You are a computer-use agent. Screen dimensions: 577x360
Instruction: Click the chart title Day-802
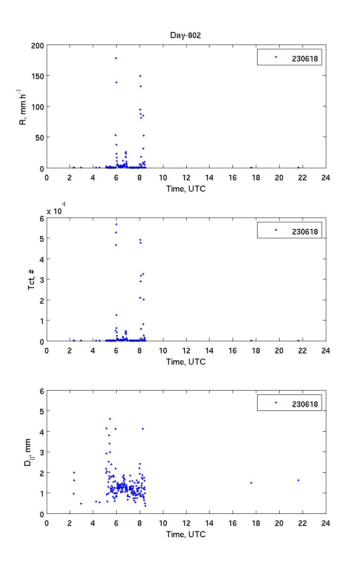click(x=185, y=35)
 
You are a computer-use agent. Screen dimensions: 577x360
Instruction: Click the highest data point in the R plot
click(x=116, y=58)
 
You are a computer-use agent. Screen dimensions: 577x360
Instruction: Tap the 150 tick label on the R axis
click(x=38, y=76)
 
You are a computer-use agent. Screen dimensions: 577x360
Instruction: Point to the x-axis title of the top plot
click(x=186, y=189)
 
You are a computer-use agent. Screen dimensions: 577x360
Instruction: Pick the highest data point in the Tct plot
click(x=116, y=224)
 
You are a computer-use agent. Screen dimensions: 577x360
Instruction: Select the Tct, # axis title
click(x=32, y=279)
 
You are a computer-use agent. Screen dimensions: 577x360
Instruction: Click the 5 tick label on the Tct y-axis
click(x=41, y=238)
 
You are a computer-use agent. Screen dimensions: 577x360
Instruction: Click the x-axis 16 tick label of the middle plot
click(x=233, y=350)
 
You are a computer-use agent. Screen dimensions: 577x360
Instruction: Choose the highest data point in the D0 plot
click(x=110, y=419)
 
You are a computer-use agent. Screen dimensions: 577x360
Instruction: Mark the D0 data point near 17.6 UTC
click(x=251, y=483)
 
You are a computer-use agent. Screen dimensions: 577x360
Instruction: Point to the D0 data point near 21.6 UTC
click(x=298, y=480)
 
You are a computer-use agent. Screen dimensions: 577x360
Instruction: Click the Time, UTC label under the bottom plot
click(x=186, y=534)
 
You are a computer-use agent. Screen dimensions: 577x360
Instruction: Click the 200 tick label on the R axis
click(x=38, y=45)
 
